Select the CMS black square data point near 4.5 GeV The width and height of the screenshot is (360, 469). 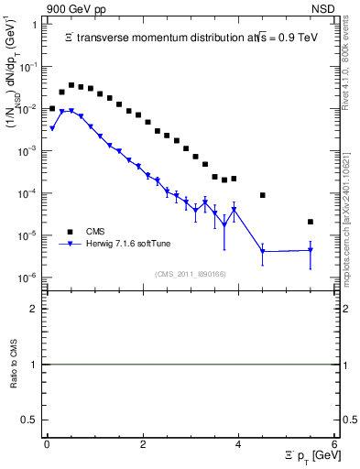pyautogui.click(x=263, y=195)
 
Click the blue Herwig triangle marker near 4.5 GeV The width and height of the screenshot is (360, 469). pyautogui.click(x=263, y=251)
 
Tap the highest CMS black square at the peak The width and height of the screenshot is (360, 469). pyautogui.click(x=71, y=84)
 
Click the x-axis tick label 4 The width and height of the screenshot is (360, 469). pyautogui.click(x=239, y=444)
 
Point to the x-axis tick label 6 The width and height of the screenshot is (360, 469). pyautogui.click(x=334, y=444)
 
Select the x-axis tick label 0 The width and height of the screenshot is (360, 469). pyautogui.click(x=47, y=444)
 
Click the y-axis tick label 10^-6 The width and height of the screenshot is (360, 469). pyautogui.click(x=27, y=278)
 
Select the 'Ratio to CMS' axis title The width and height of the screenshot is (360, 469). pyautogui.click(x=14, y=364)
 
